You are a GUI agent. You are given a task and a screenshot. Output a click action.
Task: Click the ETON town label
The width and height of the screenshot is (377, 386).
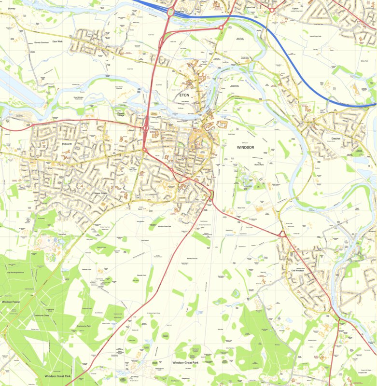click(x=184, y=96)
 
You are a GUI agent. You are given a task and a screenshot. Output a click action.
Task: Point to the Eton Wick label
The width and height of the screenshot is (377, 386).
click(x=58, y=42)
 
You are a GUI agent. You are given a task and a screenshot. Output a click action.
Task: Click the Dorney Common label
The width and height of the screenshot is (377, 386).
click(x=42, y=42)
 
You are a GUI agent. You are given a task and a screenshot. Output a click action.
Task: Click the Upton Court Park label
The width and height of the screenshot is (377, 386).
click(x=319, y=36)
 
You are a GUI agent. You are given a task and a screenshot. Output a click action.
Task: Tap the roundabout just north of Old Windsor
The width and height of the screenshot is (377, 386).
click(x=282, y=234)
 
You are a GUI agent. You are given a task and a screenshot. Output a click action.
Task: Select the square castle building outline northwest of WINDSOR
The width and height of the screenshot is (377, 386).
click(x=223, y=124)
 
